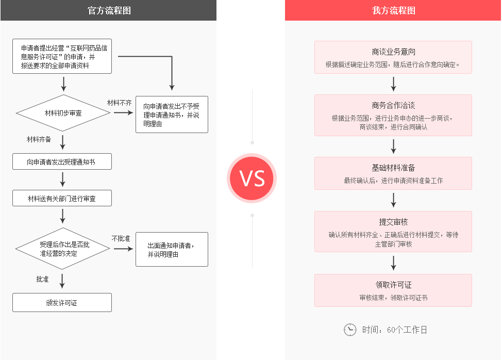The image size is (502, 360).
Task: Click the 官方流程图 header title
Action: (x=109, y=10)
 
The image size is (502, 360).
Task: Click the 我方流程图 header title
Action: (x=393, y=10)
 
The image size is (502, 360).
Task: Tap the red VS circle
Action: (x=252, y=178)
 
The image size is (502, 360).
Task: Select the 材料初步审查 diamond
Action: (x=63, y=113)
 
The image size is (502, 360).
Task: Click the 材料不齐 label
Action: (x=119, y=103)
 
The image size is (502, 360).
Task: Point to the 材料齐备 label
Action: (x=39, y=139)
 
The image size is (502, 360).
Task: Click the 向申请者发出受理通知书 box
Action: (x=62, y=162)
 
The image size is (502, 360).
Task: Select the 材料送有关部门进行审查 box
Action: (x=62, y=198)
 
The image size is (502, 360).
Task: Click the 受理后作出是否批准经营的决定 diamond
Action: (x=63, y=249)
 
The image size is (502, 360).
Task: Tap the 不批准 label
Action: (x=121, y=238)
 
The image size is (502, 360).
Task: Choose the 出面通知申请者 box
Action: (x=172, y=250)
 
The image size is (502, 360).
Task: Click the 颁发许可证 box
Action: (x=62, y=303)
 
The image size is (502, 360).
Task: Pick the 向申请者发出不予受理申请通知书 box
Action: (x=172, y=114)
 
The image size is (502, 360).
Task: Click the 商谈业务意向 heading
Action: (x=393, y=52)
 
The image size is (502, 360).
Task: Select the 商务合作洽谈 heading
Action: (x=393, y=105)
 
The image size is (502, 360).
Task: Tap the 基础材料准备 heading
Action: (x=393, y=168)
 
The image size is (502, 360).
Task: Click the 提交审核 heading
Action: (x=393, y=222)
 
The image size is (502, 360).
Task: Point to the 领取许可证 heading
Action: (x=393, y=285)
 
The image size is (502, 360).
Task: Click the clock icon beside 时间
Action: (x=350, y=330)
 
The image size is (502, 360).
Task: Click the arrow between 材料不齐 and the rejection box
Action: (x=123, y=112)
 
